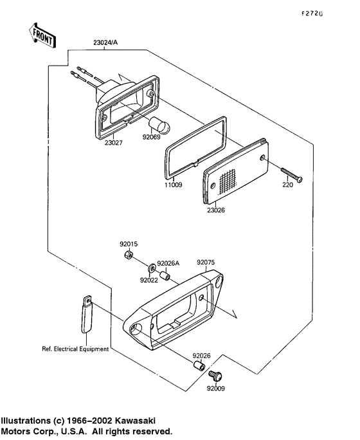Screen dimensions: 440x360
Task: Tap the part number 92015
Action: tap(128, 244)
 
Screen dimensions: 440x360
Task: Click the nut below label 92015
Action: tap(128, 257)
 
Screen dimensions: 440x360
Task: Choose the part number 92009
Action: tap(217, 388)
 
